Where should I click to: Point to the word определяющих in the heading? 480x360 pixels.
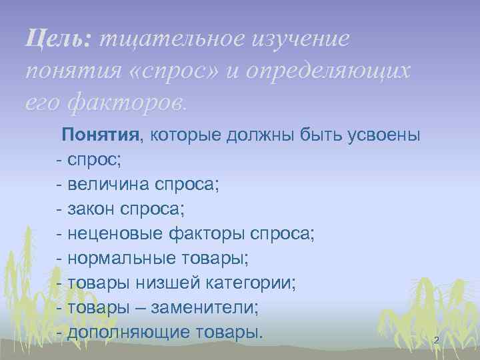326,71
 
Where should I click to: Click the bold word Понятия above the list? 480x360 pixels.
101,136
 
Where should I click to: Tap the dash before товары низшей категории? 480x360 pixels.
60,283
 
